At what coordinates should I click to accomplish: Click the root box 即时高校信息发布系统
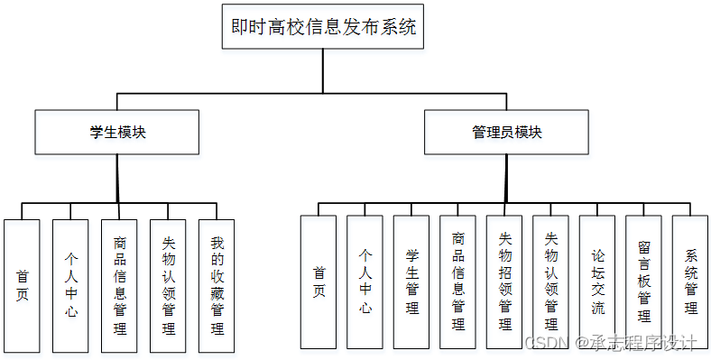324,27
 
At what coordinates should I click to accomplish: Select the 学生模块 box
117,133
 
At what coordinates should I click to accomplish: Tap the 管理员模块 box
506,133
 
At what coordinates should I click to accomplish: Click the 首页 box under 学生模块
22,285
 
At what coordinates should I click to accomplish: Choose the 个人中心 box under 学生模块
70,285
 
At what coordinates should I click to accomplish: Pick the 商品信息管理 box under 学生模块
119,285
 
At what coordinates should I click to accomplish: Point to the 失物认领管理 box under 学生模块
168,285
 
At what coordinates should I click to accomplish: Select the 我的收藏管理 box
217,285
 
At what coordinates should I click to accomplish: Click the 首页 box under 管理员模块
319,282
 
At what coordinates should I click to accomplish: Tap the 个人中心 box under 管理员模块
365,282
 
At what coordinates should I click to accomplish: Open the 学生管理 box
412,282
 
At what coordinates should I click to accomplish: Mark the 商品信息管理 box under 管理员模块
458,282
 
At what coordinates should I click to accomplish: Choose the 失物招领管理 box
505,282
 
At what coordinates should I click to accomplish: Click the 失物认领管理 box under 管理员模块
551,282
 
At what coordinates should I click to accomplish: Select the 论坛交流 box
598,282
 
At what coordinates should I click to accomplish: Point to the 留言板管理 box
644,282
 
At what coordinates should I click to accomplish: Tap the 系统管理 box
691,282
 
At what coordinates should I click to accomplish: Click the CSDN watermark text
543,344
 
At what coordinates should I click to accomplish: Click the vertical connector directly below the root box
324,70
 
